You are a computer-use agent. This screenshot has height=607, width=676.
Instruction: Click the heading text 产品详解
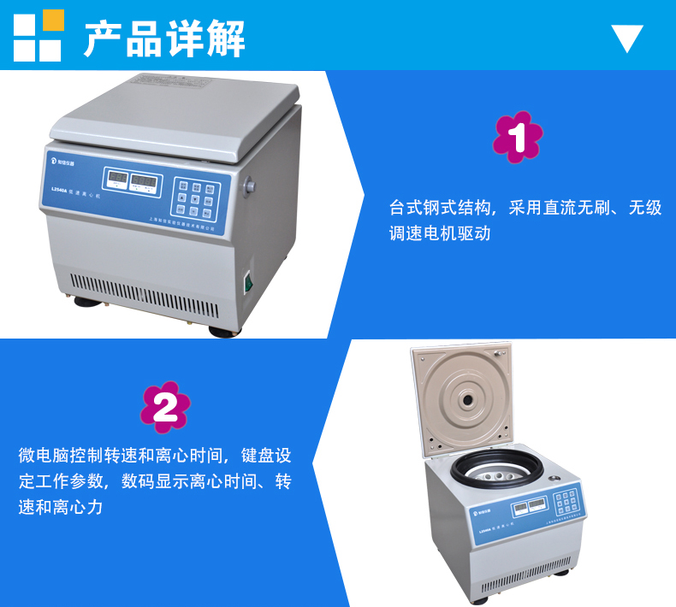(x=164, y=38)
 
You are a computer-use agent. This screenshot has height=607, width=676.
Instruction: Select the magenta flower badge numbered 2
(x=165, y=407)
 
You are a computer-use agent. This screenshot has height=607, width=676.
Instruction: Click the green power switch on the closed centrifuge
(x=250, y=281)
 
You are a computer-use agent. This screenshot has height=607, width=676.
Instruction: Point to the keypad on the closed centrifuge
(x=194, y=197)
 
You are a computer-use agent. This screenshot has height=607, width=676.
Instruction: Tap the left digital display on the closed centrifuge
(x=117, y=180)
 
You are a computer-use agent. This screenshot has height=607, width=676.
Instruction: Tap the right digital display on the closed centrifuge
(x=146, y=182)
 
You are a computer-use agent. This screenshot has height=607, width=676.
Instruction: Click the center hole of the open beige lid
(x=467, y=398)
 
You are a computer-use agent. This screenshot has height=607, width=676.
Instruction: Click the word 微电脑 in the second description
(x=44, y=456)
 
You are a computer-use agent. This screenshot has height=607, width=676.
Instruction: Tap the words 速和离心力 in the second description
(x=60, y=507)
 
